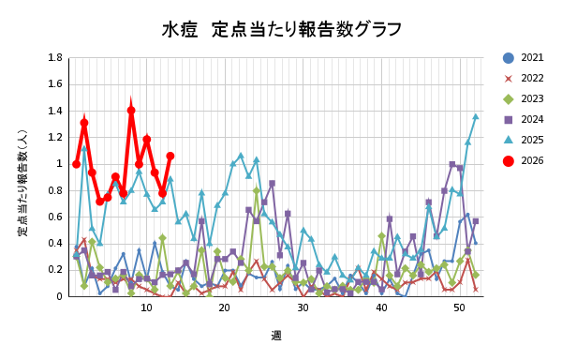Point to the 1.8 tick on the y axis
pos(55,58)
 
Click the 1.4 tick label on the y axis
pos(55,111)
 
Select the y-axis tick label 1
pos(60,164)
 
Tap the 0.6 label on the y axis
pos(55,217)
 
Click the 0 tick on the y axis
pos(60,296)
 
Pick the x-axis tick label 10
pos(146,307)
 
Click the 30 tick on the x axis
pos(303,307)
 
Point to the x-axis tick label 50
pos(459,307)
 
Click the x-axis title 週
pos(277,335)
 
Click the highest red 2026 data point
pos(131,110)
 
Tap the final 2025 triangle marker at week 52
pos(475,117)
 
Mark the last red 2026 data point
pos(170,156)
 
